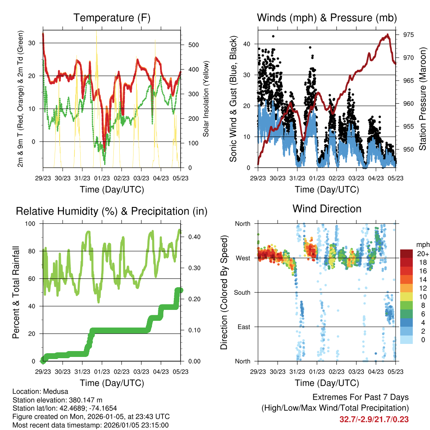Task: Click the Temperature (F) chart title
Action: click(112, 18)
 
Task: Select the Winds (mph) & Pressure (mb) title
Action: click(327, 18)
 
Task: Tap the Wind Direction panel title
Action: click(327, 209)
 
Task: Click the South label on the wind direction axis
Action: click(242, 292)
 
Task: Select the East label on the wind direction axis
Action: click(244, 327)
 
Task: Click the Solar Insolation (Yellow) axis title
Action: click(206, 99)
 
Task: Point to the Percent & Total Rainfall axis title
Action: click(16, 292)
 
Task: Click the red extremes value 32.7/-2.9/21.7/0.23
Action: click(374, 420)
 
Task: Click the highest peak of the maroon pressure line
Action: click(388, 35)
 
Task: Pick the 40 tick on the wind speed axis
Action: click(249, 44)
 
